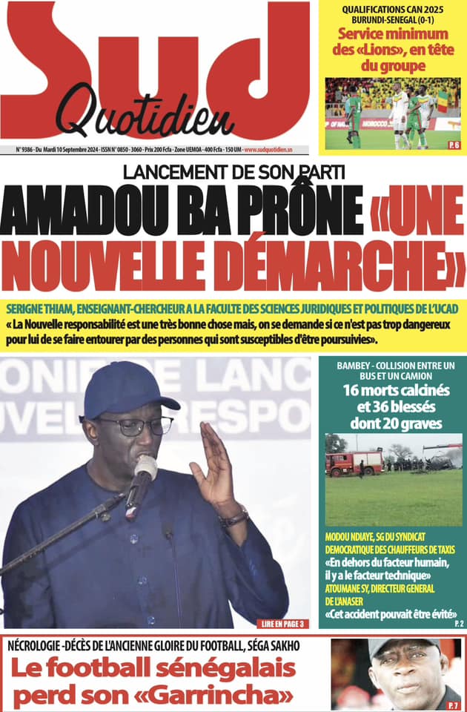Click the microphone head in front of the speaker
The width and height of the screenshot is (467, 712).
coord(145,469)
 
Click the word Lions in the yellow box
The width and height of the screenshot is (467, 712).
coord(391,50)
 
